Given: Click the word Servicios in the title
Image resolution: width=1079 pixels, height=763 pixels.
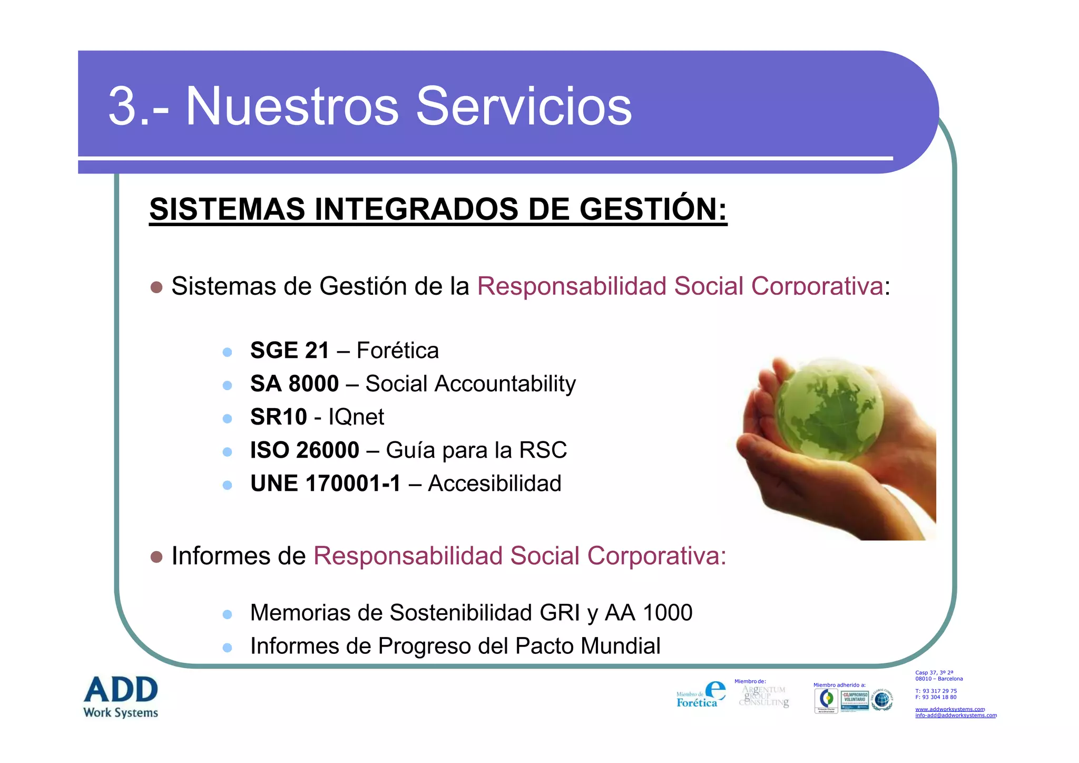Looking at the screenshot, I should click(524, 107).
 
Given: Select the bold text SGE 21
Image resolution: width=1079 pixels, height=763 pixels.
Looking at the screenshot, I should click(289, 351).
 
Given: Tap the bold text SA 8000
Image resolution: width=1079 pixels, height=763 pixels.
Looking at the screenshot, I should click(294, 384).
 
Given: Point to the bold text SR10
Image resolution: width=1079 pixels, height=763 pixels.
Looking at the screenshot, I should click(278, 417).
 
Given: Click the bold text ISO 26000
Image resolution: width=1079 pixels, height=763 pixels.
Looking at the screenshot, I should click(304, 450).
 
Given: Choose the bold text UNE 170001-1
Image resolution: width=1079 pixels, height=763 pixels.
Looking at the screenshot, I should click(325, 484).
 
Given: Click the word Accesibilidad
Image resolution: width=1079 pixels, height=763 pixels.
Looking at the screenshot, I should click(494, 484).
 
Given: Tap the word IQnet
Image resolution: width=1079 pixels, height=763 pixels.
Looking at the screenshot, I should click(356, 417).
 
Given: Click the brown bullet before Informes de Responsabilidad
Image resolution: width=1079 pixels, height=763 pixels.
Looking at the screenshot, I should click(156, 557).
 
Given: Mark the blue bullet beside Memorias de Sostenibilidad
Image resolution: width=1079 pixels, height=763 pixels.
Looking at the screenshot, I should click(227, 614).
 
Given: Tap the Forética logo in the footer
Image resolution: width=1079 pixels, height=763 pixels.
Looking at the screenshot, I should click(701, 696).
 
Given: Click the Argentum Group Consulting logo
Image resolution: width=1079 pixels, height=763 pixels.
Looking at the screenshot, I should click(764, 696).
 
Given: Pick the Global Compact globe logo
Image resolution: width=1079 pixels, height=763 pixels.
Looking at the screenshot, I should click(881, 700).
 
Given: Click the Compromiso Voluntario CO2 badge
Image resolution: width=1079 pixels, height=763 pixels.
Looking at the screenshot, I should click(855, 701).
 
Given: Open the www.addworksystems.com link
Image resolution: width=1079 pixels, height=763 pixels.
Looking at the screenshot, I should click(949, 709).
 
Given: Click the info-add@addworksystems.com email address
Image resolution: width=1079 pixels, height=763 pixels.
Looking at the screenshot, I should click(956, 716).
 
